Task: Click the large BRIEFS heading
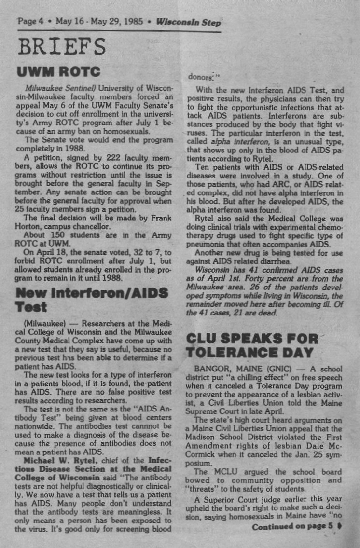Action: [x=61, y=47]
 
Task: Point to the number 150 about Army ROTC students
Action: [x=58, y=235]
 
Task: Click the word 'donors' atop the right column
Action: [x=199, y=77]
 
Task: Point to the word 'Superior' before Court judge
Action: [x=216, y=499]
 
